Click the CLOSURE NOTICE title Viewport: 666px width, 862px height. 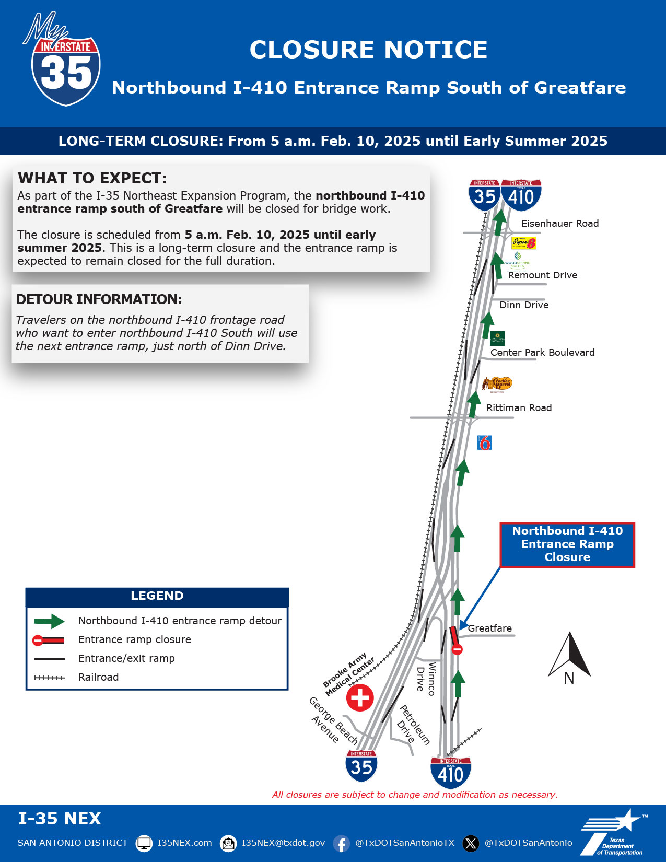(368, 50)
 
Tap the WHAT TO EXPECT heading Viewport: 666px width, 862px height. (92, 178)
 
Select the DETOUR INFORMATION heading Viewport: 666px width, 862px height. (99, 299)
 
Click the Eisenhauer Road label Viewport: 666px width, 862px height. (559, 224)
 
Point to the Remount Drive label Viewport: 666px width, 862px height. (542, 275)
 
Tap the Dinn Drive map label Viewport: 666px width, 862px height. (524, 305)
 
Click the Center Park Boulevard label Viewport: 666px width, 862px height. (542, 353)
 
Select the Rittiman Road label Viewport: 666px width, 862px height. (519, 408)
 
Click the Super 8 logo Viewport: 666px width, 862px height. (523, 243)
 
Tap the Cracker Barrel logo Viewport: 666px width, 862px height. (497, 384)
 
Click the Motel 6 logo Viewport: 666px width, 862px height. (485, 443)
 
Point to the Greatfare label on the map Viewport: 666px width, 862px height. (489, 628)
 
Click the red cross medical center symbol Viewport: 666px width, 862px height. (360, 697)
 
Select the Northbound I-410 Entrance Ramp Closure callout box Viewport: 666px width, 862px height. (567, 544)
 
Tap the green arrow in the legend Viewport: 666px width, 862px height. (49, 621)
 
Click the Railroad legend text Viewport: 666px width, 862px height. (98, 678)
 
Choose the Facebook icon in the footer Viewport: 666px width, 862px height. (341, 843)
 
